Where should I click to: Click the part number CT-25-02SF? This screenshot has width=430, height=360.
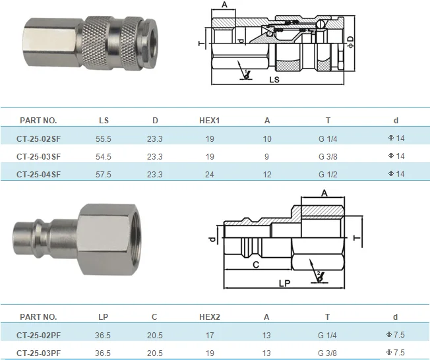[x=38, y=138]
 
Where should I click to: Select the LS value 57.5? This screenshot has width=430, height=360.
[x=104, y=174]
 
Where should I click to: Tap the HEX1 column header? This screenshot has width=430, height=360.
[x=209, y=121]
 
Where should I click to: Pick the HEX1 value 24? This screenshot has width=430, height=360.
[x=210, y=174]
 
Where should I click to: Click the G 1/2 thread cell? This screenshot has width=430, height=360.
[x=327, y=174]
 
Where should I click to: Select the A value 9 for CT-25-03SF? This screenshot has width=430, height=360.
[x=266, y=156]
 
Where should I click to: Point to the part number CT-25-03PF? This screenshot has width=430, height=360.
[x=38, y=353]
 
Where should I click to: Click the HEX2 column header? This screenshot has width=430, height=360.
[x=209, y=317]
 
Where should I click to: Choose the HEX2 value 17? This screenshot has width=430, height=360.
[x=210, y=335]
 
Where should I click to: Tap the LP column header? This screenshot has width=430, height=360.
[x=104, y=317]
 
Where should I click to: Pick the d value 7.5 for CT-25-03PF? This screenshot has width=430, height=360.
[x=395, y=353]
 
